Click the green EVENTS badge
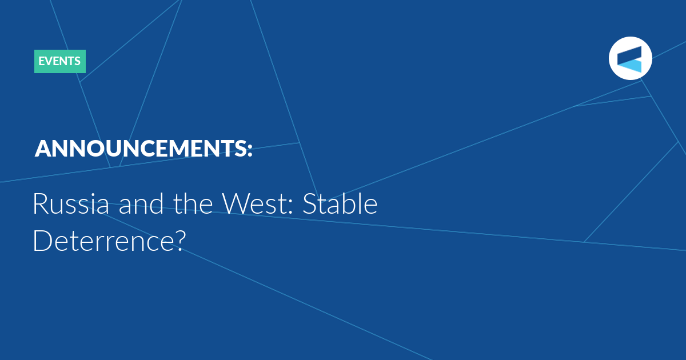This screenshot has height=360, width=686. tap(59, 61)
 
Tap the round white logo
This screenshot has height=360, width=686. tap(630, 58)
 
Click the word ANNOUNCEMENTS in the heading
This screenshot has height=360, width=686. tap(140, 149)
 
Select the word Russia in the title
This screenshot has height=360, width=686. tap(71, 203)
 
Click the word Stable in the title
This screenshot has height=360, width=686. tap(340, 203)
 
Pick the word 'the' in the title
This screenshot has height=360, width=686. tap(193, 203)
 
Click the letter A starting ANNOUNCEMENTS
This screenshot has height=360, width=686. tap(43, 149)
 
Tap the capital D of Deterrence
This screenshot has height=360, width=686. tap(43, 241)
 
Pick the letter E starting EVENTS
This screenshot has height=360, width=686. tap(41, 61)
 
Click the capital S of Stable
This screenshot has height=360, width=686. tap(309, 203)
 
